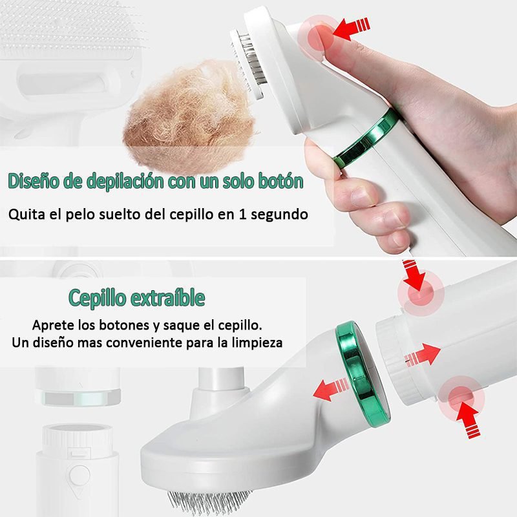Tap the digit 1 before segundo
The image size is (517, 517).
pyautogui.click(x=244, y=214)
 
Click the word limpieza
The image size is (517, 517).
pyautogui.click(x=257, y=342)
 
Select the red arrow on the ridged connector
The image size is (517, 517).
pyautogui.click(x=423, y=355)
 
